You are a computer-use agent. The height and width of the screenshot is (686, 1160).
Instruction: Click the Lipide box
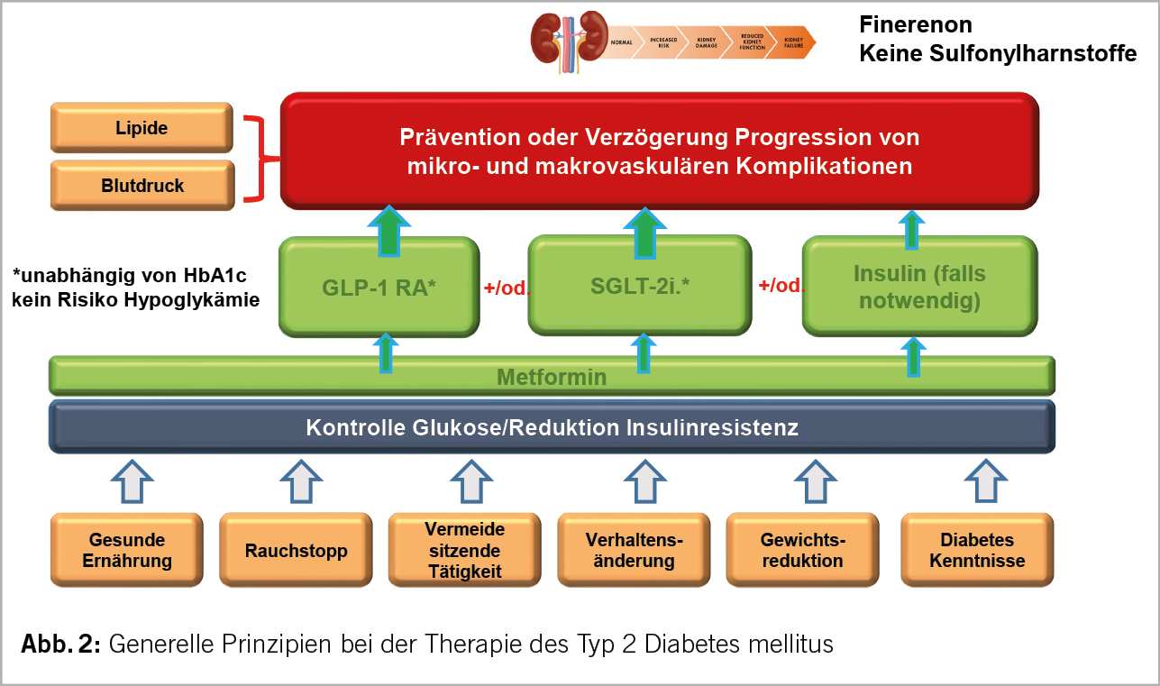142,128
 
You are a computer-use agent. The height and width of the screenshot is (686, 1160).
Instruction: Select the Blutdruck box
142,186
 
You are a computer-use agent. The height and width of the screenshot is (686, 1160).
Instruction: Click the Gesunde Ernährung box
126,550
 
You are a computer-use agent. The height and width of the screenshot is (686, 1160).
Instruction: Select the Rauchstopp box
296,550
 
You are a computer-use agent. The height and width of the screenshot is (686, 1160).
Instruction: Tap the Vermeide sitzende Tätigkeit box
464,550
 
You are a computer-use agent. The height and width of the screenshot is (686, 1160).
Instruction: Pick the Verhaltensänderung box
634,550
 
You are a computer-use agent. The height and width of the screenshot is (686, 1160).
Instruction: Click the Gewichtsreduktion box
801,550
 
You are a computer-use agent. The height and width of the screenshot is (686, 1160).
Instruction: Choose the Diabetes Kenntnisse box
977,550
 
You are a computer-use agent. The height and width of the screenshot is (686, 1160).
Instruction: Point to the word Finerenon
916,25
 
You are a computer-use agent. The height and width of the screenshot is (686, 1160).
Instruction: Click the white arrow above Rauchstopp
296,480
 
